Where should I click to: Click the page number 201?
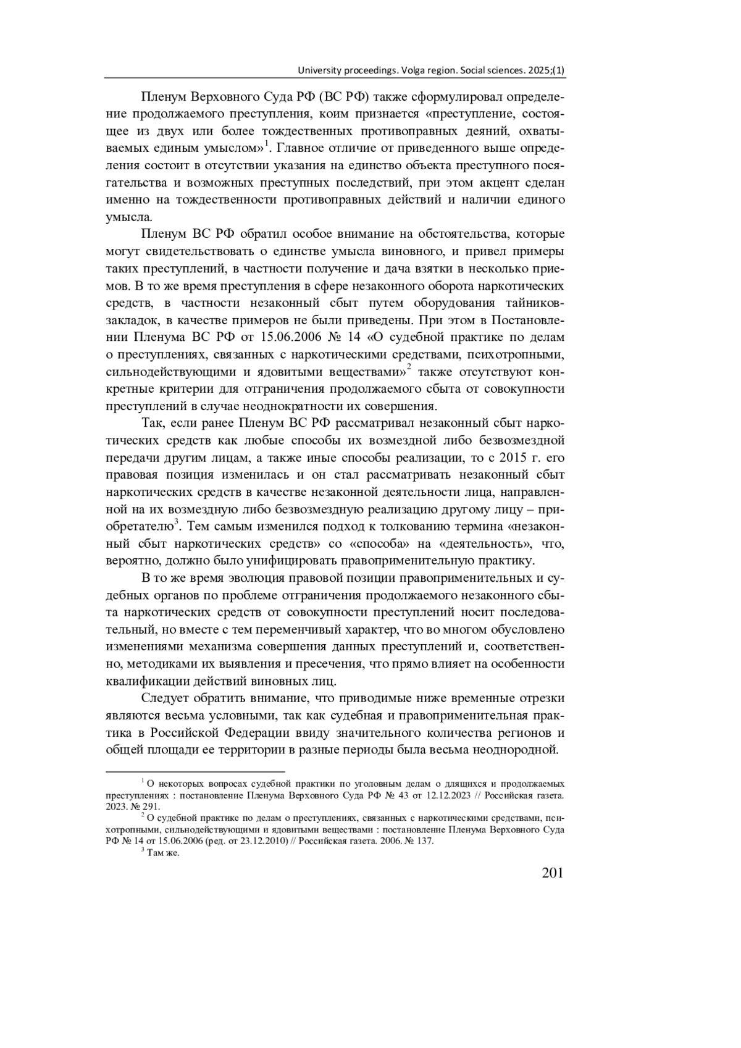coord(552,873)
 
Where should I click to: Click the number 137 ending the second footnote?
coord(425,841)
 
